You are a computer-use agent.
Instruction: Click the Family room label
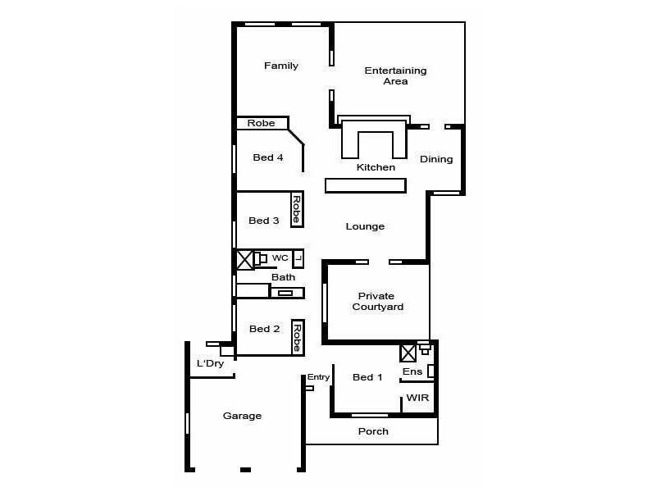(x=281, y=66)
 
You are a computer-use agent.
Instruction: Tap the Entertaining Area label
(x=395, y=76)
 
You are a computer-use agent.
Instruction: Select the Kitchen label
(x=376, y=167)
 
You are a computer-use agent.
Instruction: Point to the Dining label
(x=436, y=159)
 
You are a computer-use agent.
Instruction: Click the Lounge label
(x=365, y=226)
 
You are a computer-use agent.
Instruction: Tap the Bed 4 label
(x=268, y=157)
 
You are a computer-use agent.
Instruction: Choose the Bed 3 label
(x=264, y=220)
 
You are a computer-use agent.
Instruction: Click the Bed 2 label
(x=265, y=329)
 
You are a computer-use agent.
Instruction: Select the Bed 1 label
(x=367, y=377)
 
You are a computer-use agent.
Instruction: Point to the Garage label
(x=243, y=416)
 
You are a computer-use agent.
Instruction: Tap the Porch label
(x=373, y=431)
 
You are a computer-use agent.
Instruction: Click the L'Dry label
(x=210, y=363)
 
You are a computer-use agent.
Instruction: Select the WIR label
(x=417, y=398)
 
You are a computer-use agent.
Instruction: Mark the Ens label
(x=412, y=371)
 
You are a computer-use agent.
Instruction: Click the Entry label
(x=318, y=377)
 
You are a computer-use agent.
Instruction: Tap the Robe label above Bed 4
(x=262, y=123)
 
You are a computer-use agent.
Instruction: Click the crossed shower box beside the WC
(x=244, y=260)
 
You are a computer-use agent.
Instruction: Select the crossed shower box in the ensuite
(x=408, y=353)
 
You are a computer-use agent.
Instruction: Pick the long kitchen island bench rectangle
(x=366, y=185)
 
